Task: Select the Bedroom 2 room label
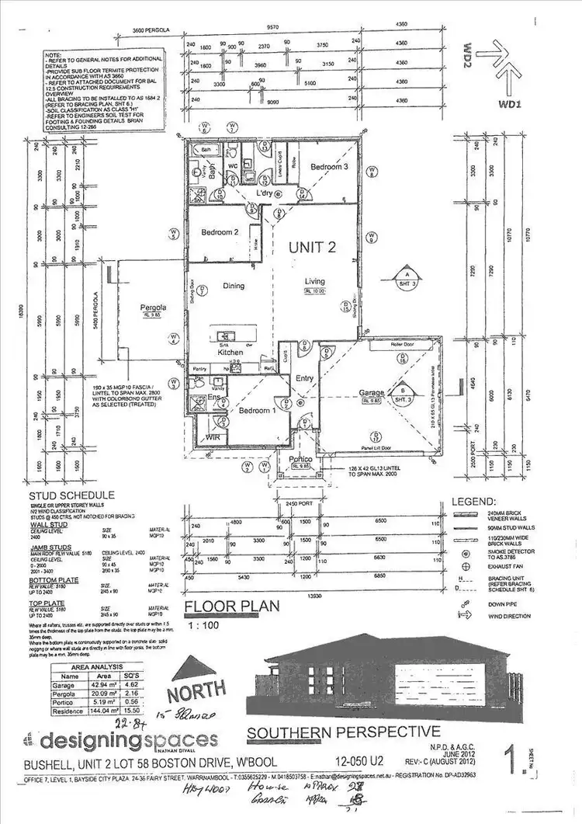(219, 232)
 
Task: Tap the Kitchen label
(230, 353)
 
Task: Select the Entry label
(303, 378)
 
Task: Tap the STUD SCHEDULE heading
(71, 495)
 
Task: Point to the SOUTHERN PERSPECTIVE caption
(343, 732)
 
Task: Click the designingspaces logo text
(129, 738)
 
